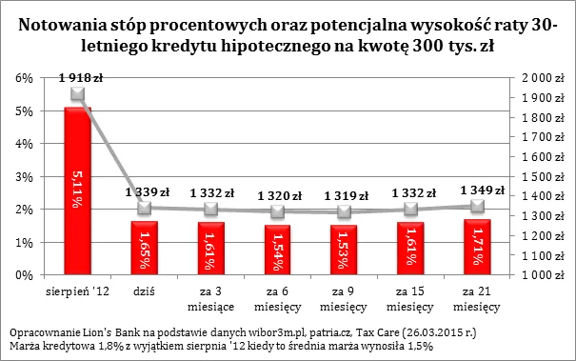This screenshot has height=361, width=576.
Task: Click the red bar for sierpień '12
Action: point(77,191)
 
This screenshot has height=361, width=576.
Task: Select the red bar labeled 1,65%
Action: point(144,248)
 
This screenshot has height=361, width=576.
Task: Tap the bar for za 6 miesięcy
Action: point(277,250)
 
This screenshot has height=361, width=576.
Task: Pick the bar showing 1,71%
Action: point(477,247)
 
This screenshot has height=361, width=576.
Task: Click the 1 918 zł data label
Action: point(79,77)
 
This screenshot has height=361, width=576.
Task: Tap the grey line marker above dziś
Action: point(144,208)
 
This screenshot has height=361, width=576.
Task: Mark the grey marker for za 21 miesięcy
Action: point(477,206)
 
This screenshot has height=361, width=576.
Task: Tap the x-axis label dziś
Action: point(144,286)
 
